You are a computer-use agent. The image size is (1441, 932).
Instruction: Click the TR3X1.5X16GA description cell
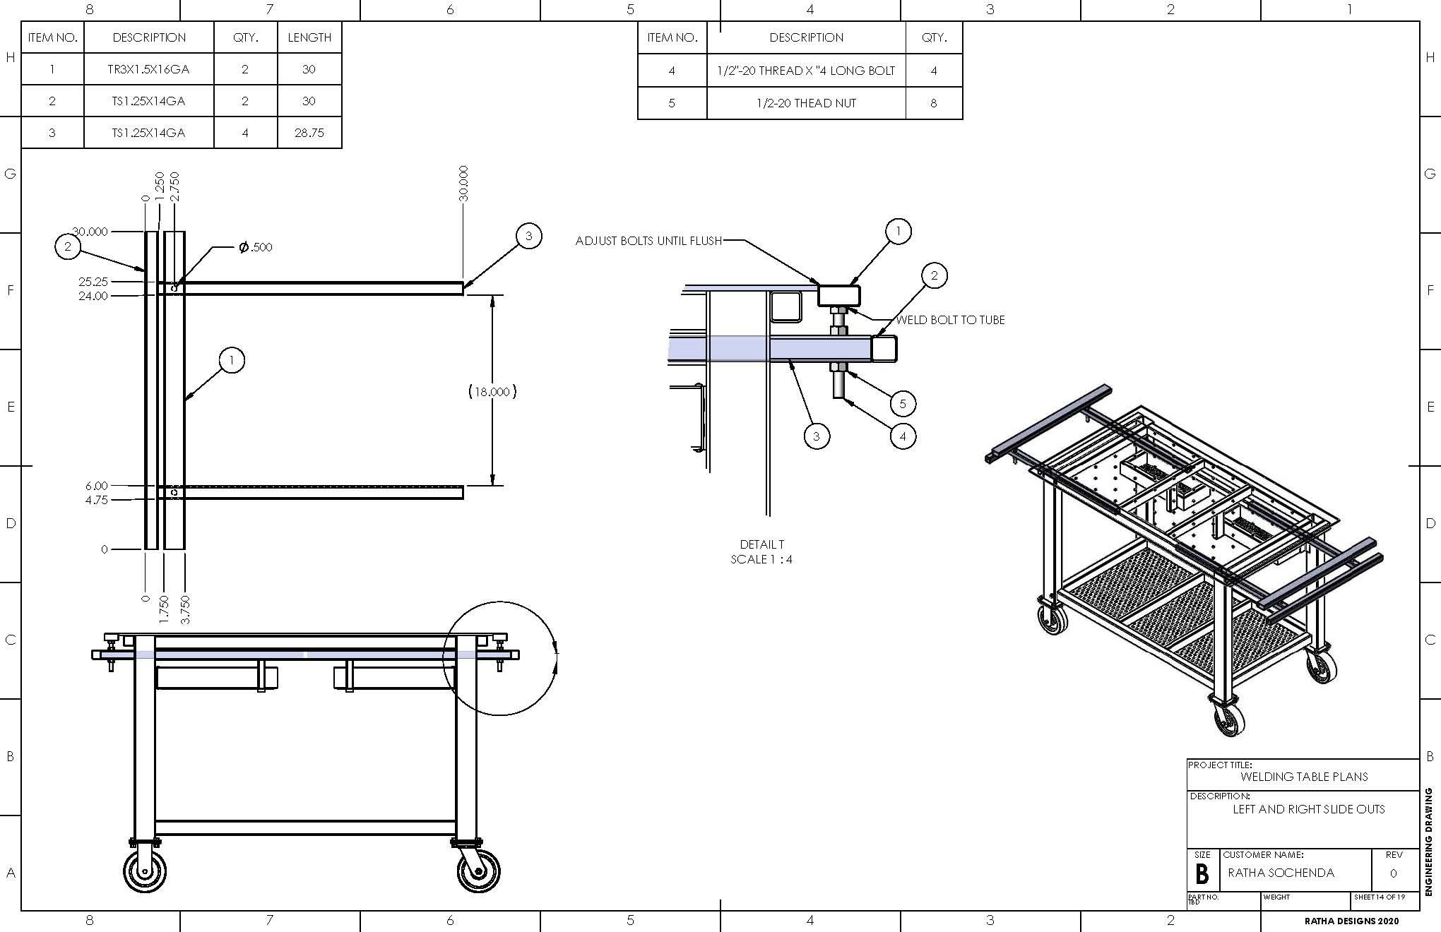(148, 69)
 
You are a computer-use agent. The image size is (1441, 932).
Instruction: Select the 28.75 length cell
(309, 133)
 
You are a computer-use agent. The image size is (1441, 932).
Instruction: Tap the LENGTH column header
(309, 37)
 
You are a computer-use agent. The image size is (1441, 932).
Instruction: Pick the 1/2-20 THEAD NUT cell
(805, 103)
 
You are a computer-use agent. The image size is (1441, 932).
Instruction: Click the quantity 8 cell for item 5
(933, 103)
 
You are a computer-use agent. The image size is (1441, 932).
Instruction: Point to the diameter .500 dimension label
(255, 247)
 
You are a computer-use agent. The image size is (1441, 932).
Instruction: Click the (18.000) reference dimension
(492, 391)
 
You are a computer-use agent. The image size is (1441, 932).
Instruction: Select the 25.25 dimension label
(93, 282)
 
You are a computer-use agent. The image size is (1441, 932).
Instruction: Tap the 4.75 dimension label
(96, 500)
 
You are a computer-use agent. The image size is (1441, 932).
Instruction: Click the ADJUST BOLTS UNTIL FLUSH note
(648, 241)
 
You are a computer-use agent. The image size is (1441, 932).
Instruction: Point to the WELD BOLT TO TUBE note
(950, 320)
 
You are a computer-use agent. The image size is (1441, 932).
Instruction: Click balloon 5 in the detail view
(903, 404)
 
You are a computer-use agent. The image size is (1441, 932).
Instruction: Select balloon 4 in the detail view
(903, 436)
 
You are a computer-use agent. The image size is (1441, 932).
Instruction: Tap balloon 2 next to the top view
(68, 246)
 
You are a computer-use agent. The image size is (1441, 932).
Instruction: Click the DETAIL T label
(761, 544)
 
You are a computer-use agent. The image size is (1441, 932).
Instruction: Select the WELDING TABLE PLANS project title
(1304, 777)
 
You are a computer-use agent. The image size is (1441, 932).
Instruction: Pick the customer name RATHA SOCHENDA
(1281, 873)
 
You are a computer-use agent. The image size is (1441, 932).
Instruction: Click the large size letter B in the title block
(1202, 874)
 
